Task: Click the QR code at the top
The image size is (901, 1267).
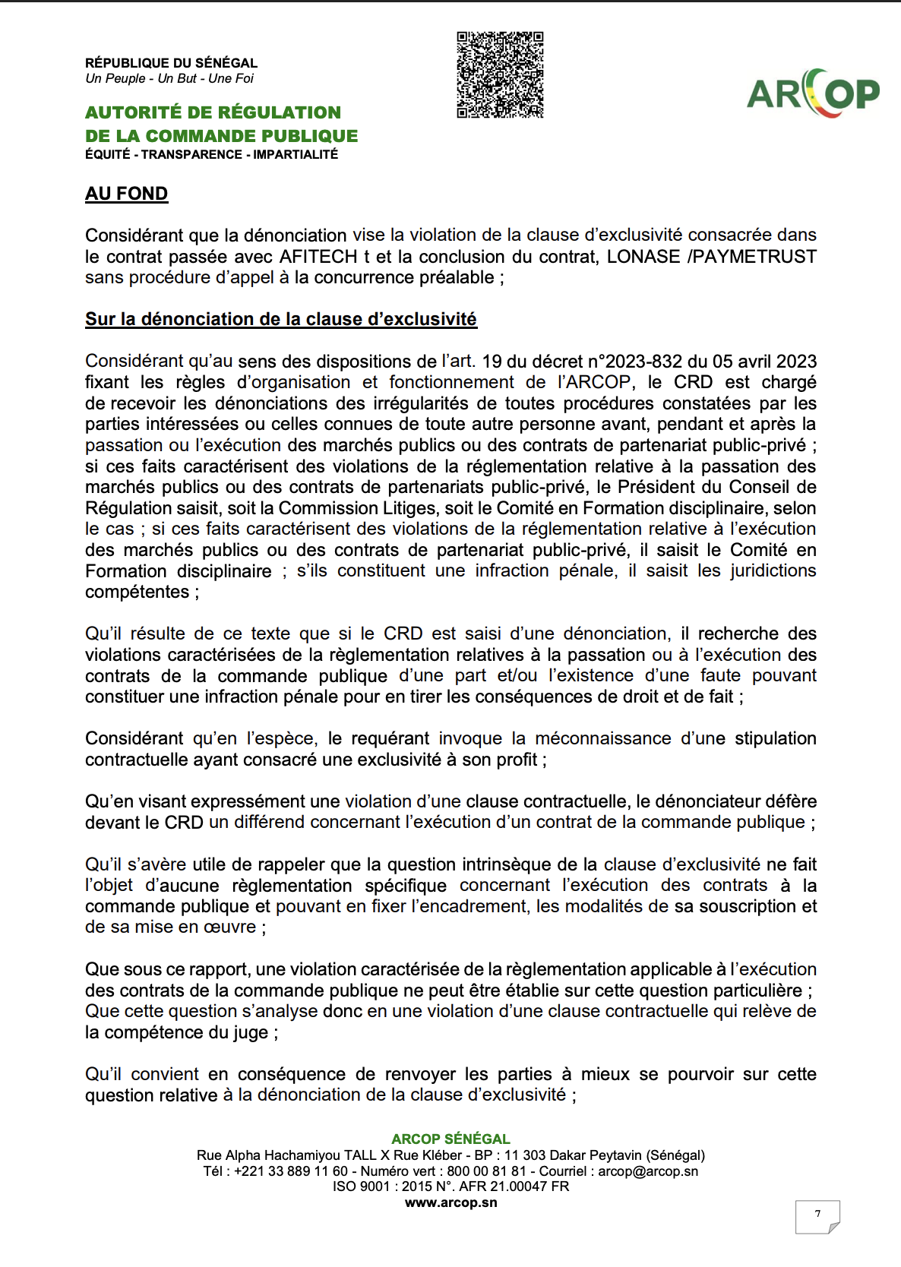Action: (500, 74)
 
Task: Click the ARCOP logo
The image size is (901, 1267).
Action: (813, 93)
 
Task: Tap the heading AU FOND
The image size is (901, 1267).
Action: (126, 194)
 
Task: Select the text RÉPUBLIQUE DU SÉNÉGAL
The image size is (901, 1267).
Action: (171, 63)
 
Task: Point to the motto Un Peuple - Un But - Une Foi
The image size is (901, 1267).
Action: (169, 79)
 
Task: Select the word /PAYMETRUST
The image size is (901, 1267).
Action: (751, 257)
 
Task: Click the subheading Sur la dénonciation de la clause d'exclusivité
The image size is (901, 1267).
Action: (280, 319)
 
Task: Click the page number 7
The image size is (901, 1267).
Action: (817, 1214)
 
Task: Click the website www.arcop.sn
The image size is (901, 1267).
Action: (450, 1203)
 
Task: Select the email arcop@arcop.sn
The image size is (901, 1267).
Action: (648, 1171)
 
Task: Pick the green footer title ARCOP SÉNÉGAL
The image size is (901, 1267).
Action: (450, 1139)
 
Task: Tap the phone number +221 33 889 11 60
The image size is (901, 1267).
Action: (291, 1171)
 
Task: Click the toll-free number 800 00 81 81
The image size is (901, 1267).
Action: (486, 1171)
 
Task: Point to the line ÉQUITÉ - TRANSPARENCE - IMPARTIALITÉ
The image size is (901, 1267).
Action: (211, 155)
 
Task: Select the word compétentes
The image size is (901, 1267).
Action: (137, 592)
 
